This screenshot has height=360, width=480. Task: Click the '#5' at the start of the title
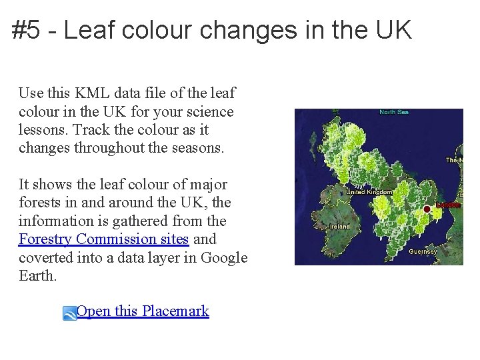tap(26, 30)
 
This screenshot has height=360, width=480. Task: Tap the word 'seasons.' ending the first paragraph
tap(199, 147)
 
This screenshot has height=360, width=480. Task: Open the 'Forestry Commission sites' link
tap(104, 239)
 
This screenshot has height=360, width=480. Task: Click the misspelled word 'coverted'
tap(44, 257)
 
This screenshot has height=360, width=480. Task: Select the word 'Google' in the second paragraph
tap(224, 257)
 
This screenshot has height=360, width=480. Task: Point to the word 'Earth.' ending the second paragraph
tap(38, 275)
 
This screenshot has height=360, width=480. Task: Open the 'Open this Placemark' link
tap(143, 311)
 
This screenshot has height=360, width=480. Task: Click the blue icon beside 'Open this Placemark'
tap(70, 313)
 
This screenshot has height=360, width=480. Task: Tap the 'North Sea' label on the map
tap(393, 112)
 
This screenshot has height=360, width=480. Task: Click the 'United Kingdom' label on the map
tap(371, 192)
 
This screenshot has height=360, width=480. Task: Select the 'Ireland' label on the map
tap(340, 226)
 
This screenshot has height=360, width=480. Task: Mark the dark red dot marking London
tap(427, 209)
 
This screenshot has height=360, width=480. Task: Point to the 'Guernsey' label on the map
tap(423, 251)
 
